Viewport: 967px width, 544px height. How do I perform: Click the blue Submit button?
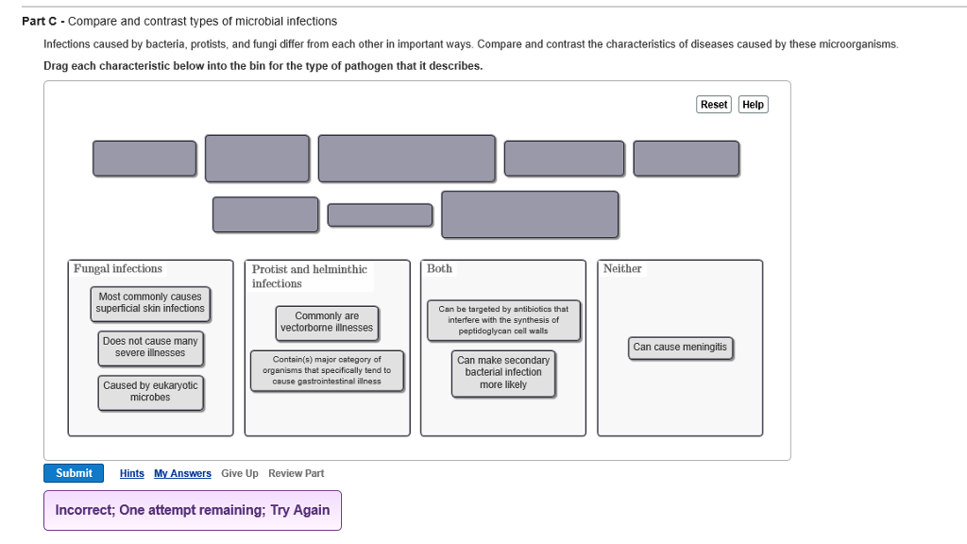pos(74,473)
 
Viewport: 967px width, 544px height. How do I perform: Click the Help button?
pos(753,105)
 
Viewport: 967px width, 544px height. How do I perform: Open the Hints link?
pos(132,474)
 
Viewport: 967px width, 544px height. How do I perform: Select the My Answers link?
pos(182,474)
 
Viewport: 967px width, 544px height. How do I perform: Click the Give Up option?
pos(240,474)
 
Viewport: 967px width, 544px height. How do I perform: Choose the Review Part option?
pos(296,474)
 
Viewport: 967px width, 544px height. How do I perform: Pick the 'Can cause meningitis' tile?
pos(680,348)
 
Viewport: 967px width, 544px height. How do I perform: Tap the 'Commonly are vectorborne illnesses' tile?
pos(327,323)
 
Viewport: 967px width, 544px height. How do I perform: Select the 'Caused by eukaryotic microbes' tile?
pos(150,392)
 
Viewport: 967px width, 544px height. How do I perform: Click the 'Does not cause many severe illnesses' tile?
pos(150,348)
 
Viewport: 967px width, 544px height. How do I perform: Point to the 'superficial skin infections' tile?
pos(150,303)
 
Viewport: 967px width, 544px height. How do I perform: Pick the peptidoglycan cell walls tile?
pos(503,320)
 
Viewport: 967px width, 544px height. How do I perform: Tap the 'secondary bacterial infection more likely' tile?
pos(503,373)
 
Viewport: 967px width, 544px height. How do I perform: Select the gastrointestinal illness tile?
pos(327,370)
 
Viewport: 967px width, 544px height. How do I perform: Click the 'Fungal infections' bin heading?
pos(118,269)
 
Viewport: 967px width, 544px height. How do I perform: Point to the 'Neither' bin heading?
pos(622,269)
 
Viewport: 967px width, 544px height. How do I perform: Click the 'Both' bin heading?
pos(439,269)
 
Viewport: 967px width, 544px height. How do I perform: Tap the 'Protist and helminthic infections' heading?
pos(310,277)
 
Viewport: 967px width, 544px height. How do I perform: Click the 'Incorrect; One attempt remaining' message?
pos(193,511)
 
